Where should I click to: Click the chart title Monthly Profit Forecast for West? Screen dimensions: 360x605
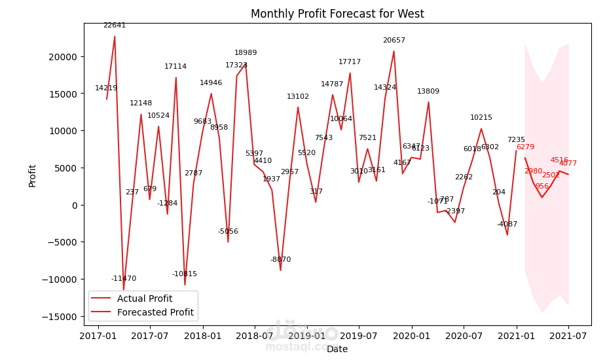(x=337, y=14)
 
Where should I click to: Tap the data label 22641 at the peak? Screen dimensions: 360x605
(x=115, y=26)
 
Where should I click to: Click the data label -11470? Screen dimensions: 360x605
(x=124, y=279)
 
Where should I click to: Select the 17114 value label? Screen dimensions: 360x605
(x=175, y=67)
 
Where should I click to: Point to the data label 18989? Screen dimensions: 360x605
(x=246, y=53)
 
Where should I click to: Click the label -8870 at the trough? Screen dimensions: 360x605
(x=280, y=260)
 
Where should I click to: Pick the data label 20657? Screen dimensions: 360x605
(x=394, y=41)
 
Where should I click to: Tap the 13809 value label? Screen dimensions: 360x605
(x=428, y=92)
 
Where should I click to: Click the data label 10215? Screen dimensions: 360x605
(x=481, y=118)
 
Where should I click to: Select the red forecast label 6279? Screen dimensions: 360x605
(x=525, y=147)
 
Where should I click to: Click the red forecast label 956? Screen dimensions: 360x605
(x=542, y=187)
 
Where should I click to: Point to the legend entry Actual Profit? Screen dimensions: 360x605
(x=144, y=298)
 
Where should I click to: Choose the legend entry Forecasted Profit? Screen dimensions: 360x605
(x=155, y=312)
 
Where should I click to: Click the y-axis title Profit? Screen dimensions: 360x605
(x=33, y=175)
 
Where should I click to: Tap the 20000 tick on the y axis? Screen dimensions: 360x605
(x=64, y=57)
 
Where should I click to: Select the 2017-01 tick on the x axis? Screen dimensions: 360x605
(x=98, y=336)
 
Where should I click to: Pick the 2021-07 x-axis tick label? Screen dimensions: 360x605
(x=568, y=336)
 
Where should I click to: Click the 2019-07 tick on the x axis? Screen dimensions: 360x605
(x=359, y=336)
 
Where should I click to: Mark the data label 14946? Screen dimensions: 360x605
(x=211, y=83)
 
